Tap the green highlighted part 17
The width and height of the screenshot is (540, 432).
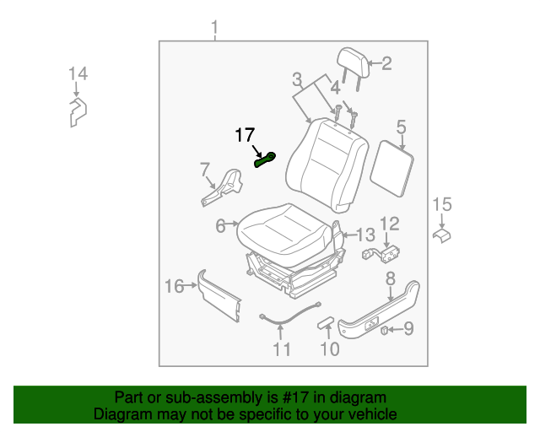(267, 159)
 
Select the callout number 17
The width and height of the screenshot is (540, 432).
(245, 135)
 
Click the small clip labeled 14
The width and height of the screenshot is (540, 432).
(77, 111)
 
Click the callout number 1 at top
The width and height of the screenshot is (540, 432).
(214, 31)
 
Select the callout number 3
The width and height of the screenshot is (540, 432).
(297, 81)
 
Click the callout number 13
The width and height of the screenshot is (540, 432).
(364, 235)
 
